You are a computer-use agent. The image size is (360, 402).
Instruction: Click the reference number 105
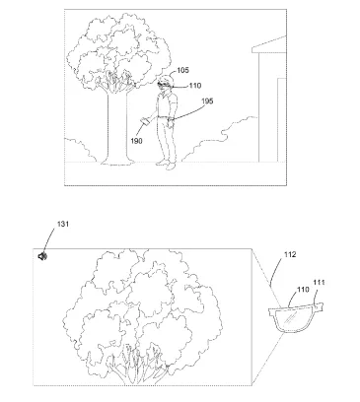[x=183, y=70]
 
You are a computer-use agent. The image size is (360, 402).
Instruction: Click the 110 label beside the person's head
[x=195, y=86]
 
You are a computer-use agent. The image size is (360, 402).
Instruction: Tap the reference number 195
[x=207, y=100]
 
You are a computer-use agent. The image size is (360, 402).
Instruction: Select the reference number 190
[x=136, y=141]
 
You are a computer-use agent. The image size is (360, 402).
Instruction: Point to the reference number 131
[x=63, y=224]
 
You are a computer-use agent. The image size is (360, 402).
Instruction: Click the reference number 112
[x=290, y=254]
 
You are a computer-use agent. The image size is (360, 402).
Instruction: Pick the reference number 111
[x=319, y=283]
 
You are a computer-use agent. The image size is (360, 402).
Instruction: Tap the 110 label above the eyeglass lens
[x=303, y=290]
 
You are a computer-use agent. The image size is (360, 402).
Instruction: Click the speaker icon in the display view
[x=42, y=256]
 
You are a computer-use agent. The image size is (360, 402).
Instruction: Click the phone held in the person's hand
[x=145, y=121]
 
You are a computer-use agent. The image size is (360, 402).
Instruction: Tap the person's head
[x=166, y=82]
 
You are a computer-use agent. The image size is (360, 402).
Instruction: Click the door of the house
[x=282, y=120]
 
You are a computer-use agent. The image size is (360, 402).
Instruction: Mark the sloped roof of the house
[x=269, y=45]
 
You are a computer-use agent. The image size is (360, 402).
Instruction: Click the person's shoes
[x=167, y=165]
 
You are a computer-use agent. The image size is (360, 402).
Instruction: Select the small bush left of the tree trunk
[x=79, y=151]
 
